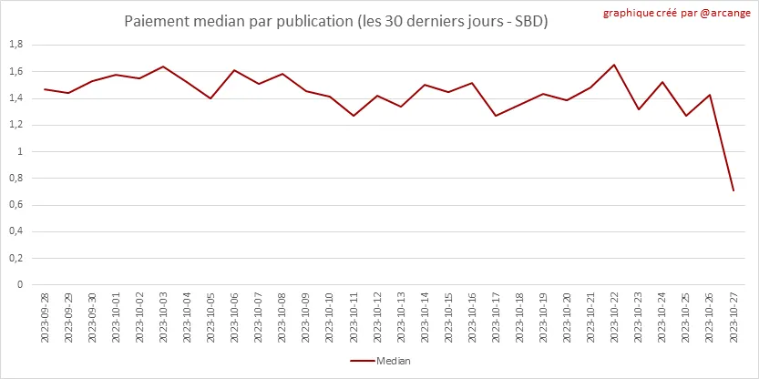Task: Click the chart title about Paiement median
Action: [x=336, y=20]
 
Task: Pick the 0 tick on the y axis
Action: [x=19, y=284]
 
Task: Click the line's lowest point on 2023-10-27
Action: [x=733, y=190]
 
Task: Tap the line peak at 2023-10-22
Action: [x=614, y=65]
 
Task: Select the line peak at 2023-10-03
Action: [x=163, y=67]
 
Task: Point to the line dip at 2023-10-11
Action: [x=354, y=116]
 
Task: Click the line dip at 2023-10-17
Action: [x=496, y=116]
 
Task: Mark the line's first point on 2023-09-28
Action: [x=45, y=89]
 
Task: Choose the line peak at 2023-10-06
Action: [x=234, y=70]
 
